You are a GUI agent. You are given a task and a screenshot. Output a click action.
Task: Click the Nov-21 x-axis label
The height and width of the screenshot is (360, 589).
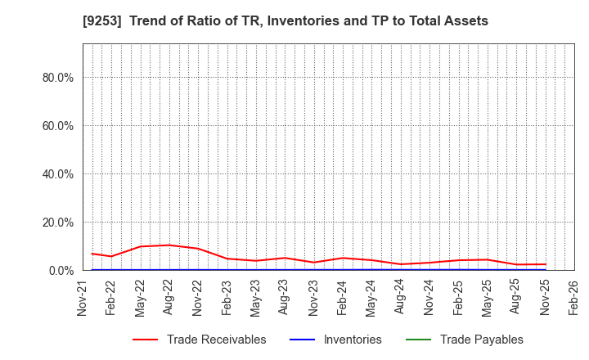83,297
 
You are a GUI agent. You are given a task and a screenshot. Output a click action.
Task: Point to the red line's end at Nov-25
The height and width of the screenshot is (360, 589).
545,264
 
